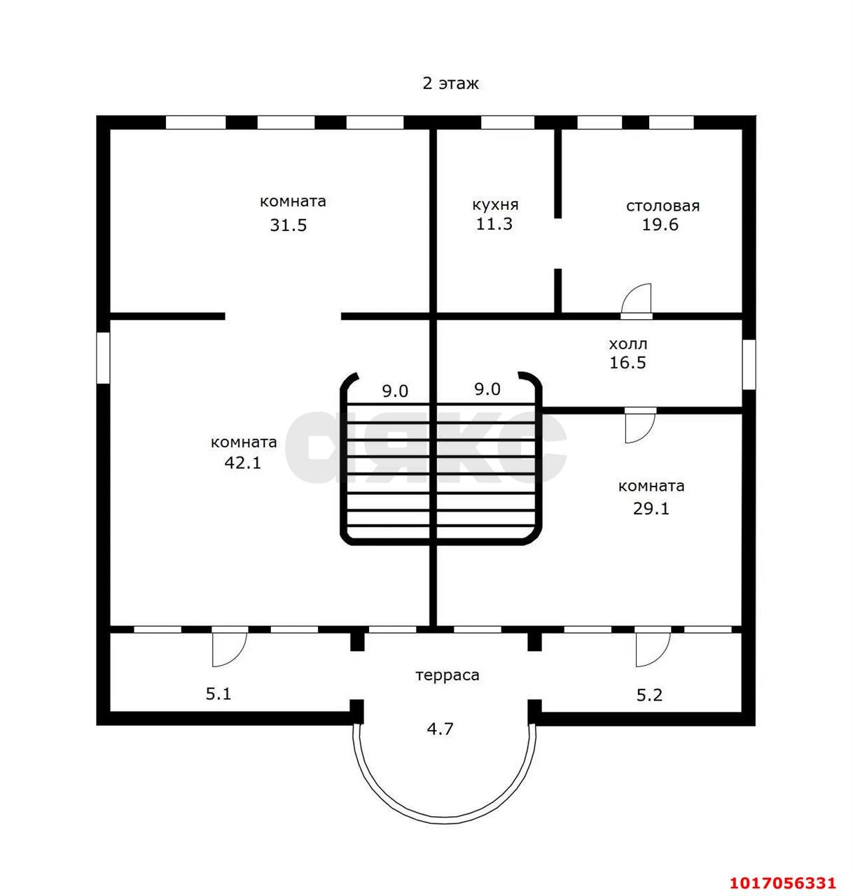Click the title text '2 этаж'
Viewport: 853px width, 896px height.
coord(450,84)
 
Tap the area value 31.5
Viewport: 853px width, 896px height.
coord(289,225)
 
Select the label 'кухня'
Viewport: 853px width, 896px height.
coord(495,205)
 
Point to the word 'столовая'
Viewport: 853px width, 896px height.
coord(663,206)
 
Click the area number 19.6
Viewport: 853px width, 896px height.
coord(660,225)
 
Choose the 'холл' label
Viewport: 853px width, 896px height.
coord(628,344)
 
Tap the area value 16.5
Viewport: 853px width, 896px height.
coord(627,363)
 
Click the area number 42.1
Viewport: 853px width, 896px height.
coord(243,463)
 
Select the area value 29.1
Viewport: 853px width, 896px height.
coord(651,509)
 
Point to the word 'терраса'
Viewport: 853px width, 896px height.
coord(448,675)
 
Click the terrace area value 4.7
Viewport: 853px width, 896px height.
coord(441,729)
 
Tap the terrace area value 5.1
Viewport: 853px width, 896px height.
coord(219,694)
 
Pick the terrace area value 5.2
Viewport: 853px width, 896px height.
coord(649,695)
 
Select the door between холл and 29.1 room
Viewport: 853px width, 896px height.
coord(640,426)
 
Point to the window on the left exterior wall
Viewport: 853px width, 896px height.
coord(104,358)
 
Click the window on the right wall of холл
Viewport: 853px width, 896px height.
coord(749,364)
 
